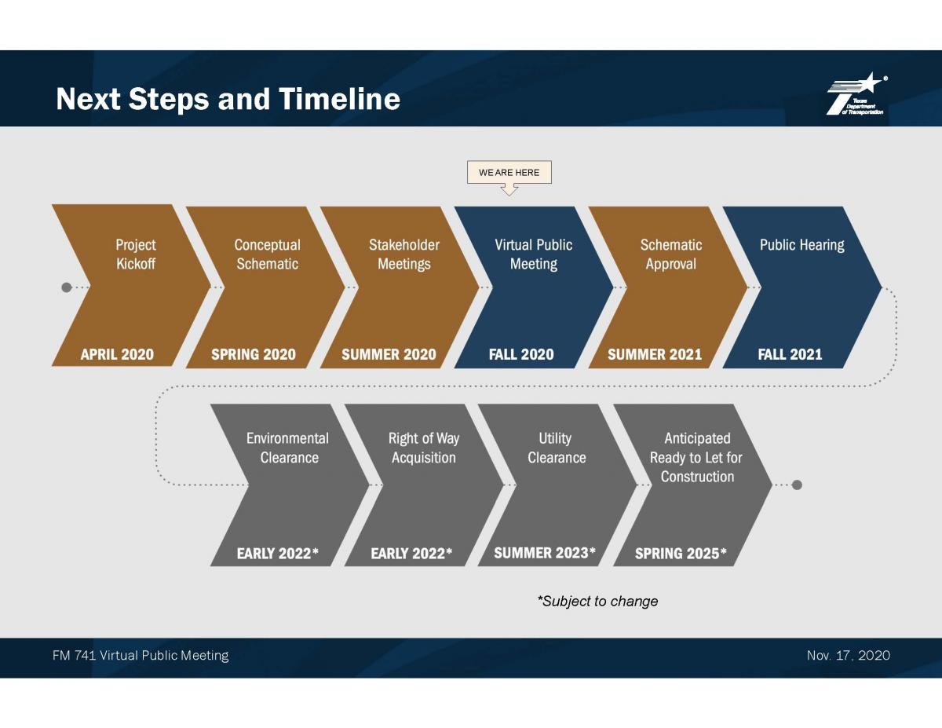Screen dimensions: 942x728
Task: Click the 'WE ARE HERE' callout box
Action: (509, 173)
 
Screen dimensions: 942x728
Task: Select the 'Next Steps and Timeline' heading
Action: (228, 99)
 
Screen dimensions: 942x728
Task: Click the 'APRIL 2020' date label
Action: (117, 354)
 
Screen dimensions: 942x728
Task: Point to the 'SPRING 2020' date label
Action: (254, 354)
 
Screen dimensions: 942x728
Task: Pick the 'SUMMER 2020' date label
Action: (389, 354)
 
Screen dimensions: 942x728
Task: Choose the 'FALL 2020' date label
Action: (521, 354)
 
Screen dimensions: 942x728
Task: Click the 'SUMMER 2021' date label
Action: (655, 354)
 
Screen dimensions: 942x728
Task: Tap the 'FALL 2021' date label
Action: (790, 354)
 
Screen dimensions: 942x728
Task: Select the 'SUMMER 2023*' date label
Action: (545, 553)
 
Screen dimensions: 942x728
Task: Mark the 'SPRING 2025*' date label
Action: (681, 553)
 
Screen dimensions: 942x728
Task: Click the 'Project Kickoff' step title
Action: (136, 254)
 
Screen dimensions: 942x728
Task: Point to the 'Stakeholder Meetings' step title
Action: (404, 254)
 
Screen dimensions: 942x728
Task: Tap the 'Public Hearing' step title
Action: (802, 245)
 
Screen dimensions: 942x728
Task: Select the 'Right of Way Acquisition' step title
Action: (424, 448)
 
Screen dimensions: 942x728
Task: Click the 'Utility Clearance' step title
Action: (557, 448)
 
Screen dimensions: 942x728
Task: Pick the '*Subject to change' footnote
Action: (597, 602)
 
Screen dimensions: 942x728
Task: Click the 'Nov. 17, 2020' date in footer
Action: (849, 655)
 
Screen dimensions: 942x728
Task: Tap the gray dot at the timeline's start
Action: (66, 287)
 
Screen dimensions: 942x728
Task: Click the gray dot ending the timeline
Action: (797, 485)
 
